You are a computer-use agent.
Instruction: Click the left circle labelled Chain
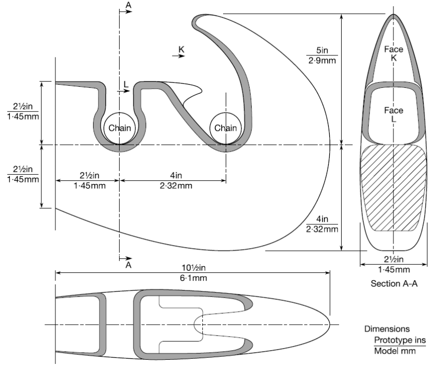click(x=120, y=128)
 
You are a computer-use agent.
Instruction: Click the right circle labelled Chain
click(x=226, y=128)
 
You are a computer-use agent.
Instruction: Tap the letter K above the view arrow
click(x=181, y=49)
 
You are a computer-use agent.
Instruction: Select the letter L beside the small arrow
click(x=126, y=83)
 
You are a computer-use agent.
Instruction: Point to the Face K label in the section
click(x=393, y=53)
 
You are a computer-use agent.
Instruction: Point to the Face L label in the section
click(x=393, y=115)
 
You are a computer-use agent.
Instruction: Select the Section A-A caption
click(x=393, y=284)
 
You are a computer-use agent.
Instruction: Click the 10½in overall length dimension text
click(x=194, y=268)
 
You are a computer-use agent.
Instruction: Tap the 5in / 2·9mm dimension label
click(x=322, y=55)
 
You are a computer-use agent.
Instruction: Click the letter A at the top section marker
click(x=128, y=5)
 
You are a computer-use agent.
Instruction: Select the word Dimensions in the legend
click(x=387, y=329)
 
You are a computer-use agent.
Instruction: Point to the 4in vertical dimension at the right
click(x=322, y=224)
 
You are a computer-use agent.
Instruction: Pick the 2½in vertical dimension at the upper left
click(x=23, y=110)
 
